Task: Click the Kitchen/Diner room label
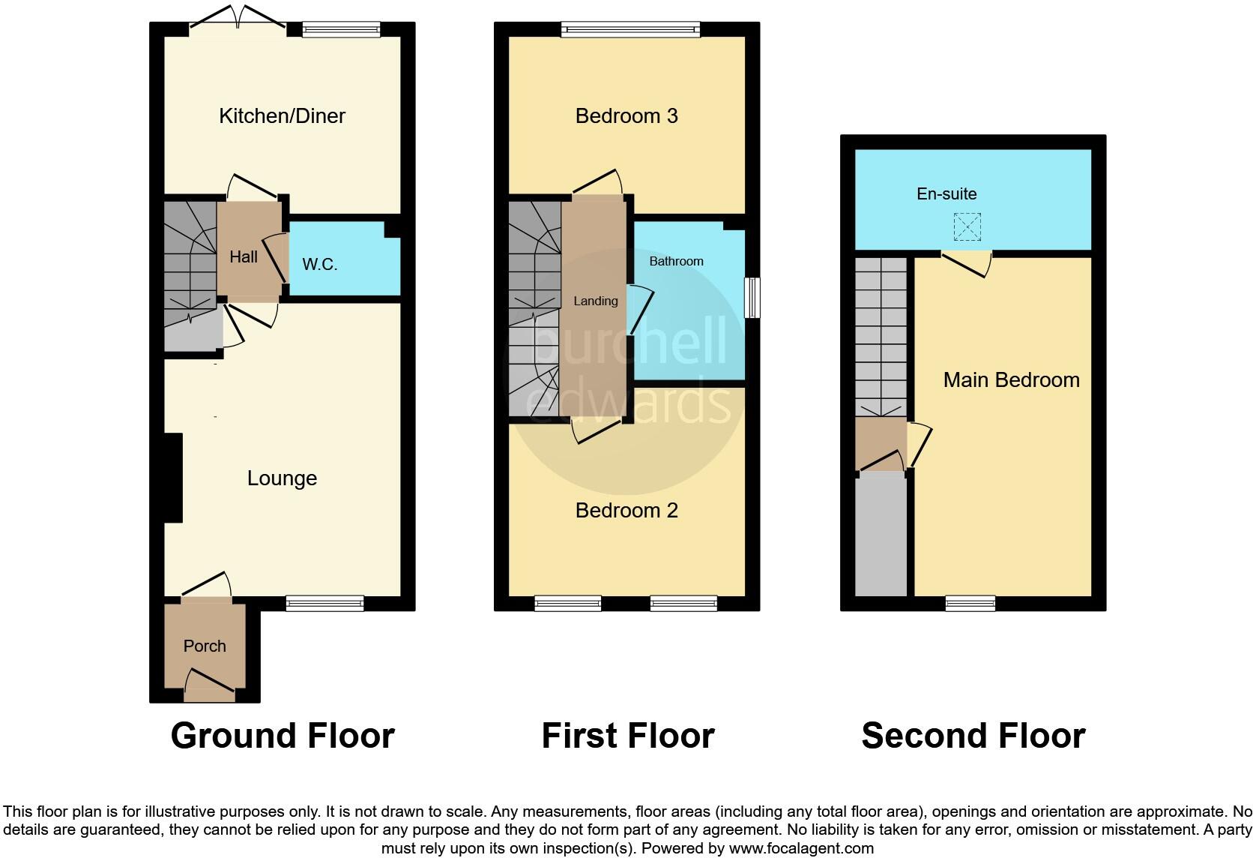pos(282,115)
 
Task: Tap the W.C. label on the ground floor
pos(320,264)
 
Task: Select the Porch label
pos(205,646)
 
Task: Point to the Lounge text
pos(282,478)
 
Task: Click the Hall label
pos(244,256)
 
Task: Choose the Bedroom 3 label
pos(626,115)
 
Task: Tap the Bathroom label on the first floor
pos(676,261)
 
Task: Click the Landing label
pos(596,301)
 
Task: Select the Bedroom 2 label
pos(626,510)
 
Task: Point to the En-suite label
pos(946,193)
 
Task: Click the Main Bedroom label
pos(1011,379)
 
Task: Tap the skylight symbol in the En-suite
pos(967,226)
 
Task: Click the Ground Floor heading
pos(283,736)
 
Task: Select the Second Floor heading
pos(973,736)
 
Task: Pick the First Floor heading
pos(628,736)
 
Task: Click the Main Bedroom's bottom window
pos(970,603)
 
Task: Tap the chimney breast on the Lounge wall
pos(173,478)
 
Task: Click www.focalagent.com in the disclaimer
pos(800,848)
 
